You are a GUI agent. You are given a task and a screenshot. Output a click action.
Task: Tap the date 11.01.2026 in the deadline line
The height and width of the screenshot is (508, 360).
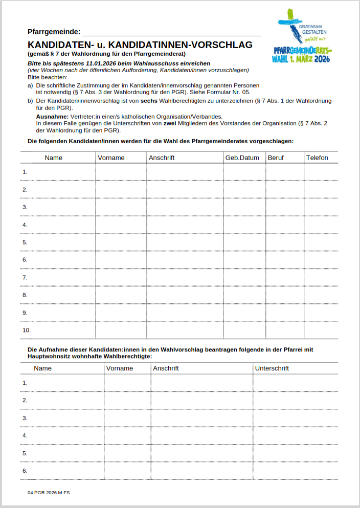pyautogui.click(x=103, y=63)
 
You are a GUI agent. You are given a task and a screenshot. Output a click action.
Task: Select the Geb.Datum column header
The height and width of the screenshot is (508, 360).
pyautogui.click(x=242, y=158)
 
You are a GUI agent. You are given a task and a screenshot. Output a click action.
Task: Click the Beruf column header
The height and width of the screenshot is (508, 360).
pyautogui.click(x=276, y=158)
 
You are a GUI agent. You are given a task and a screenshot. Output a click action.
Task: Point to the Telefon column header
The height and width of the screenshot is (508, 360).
pyautogui.click(x=317, y=158)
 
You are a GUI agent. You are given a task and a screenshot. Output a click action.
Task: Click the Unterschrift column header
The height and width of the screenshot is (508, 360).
pyautogui.click(x=272, y=368)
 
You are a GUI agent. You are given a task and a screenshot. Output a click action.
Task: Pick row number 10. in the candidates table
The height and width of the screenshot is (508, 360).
pyautogui.click(x=27, y=330)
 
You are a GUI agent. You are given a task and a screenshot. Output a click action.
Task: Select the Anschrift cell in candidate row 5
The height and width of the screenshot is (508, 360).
pyautogui.click(x=185, y=242)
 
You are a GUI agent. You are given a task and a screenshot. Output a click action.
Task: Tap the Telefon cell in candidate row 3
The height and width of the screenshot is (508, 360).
pyautogui.click(x=321, y=207)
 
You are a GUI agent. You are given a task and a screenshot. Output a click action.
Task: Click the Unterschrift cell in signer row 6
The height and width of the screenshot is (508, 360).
pyautogui.click(x=295, y=471)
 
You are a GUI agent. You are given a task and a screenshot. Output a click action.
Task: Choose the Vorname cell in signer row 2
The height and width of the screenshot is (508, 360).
pyautogui.click(x=127, y=400)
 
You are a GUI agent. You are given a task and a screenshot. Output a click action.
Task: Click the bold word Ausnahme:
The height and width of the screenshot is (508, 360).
pyautogui.click(x=53, y=117)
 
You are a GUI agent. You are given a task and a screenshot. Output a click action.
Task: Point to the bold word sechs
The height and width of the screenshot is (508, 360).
pyautogui.click(x=142, y=101)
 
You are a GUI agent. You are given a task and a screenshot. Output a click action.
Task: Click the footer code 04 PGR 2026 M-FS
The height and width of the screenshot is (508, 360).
pyautogui.click(x=49, y=492)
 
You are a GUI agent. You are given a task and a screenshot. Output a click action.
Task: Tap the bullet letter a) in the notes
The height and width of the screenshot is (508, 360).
pyautogui.click(x=30, y=85)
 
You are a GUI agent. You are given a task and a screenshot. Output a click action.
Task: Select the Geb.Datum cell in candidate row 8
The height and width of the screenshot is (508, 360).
pyautogui.click(x=244, y=295)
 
